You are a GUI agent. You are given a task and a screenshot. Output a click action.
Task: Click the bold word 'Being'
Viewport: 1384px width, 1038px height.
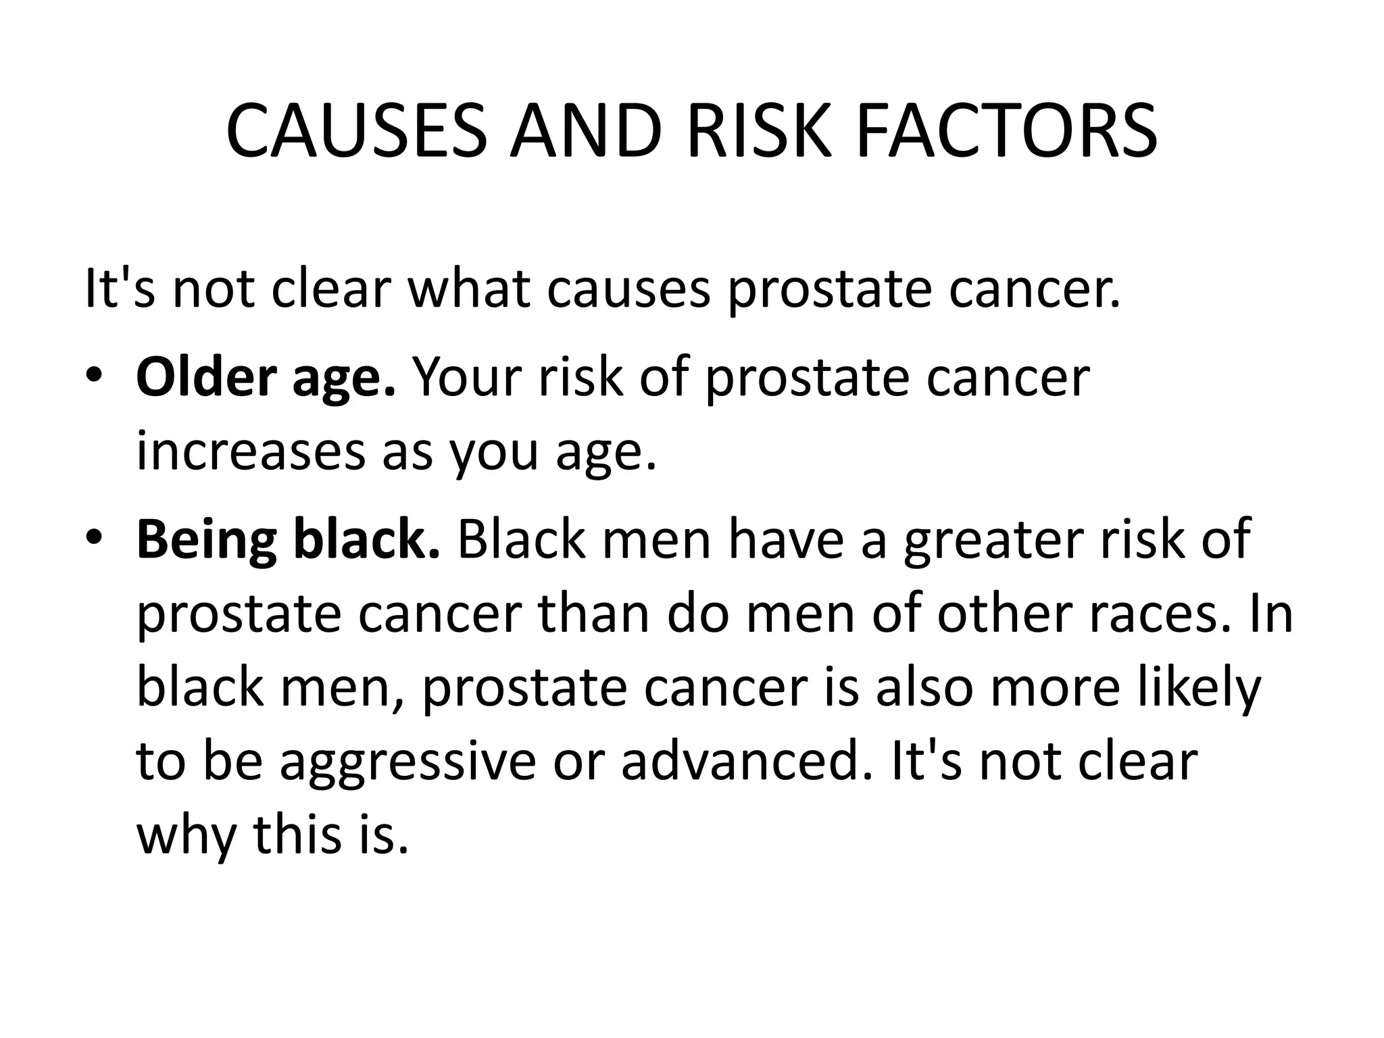(x=207, y=540)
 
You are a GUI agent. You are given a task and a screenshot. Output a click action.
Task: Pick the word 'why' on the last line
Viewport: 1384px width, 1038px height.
(x=187, y=835)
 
